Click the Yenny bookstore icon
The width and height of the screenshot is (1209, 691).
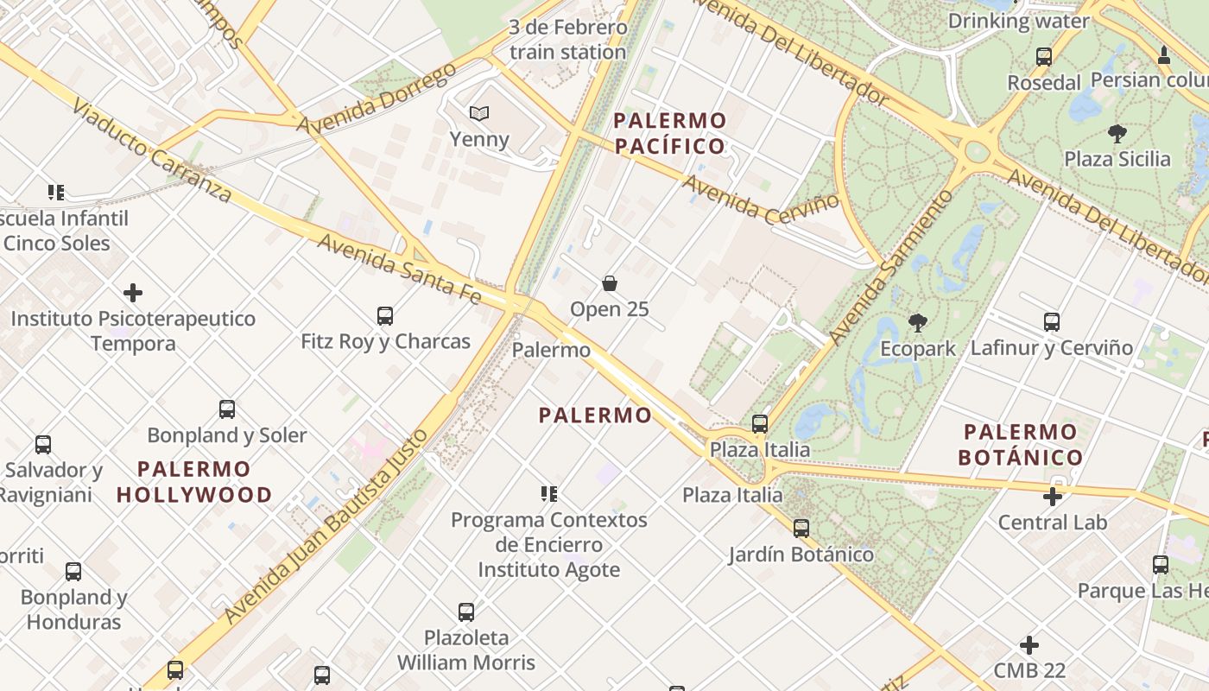coord(478,113)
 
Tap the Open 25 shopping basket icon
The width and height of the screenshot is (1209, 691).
coord(610,283)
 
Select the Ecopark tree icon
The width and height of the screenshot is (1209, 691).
coord(917,323)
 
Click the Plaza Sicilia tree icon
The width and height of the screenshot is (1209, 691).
coord(1117,133)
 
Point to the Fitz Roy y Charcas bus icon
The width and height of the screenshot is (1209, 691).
coord(385,316)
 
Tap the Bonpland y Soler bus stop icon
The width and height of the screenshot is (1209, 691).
coord(227,409)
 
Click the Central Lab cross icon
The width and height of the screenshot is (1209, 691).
coord(1052,497)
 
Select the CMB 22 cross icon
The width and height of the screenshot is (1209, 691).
coord(1029,645)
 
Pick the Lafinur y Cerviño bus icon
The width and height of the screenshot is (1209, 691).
coord(1051,322)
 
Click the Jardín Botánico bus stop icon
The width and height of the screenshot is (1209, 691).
coord(801,528)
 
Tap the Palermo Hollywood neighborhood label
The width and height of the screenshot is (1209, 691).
coord(194,482)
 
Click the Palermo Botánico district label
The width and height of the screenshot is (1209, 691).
coord(1020,444)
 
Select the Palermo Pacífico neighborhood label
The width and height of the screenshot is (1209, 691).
coord(669,132)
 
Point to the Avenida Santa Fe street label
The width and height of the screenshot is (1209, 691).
coord(399,267)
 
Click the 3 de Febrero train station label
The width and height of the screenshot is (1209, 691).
coord(567,40)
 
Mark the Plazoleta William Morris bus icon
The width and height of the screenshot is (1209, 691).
coord(466,612)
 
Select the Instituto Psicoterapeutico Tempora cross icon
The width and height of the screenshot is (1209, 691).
coord(133,293)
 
